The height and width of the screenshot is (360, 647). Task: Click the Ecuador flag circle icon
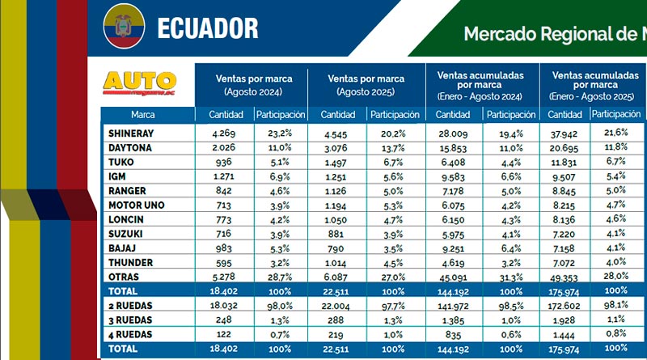pos(123,28)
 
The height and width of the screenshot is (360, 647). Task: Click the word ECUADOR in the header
pos(208,28)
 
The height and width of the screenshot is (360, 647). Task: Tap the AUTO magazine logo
pos(141,84)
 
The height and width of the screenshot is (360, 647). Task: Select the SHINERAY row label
pos(130,132)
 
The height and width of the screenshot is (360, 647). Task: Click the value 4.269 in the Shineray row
pos(222,132)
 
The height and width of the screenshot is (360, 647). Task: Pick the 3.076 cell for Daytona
pos(337,147)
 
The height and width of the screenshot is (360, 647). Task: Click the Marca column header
pos(143,115)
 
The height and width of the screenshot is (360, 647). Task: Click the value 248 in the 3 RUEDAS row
pos(223,319)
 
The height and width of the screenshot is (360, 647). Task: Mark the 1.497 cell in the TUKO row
pos(337,162)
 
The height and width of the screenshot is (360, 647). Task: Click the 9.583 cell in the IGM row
pos(452,176)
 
